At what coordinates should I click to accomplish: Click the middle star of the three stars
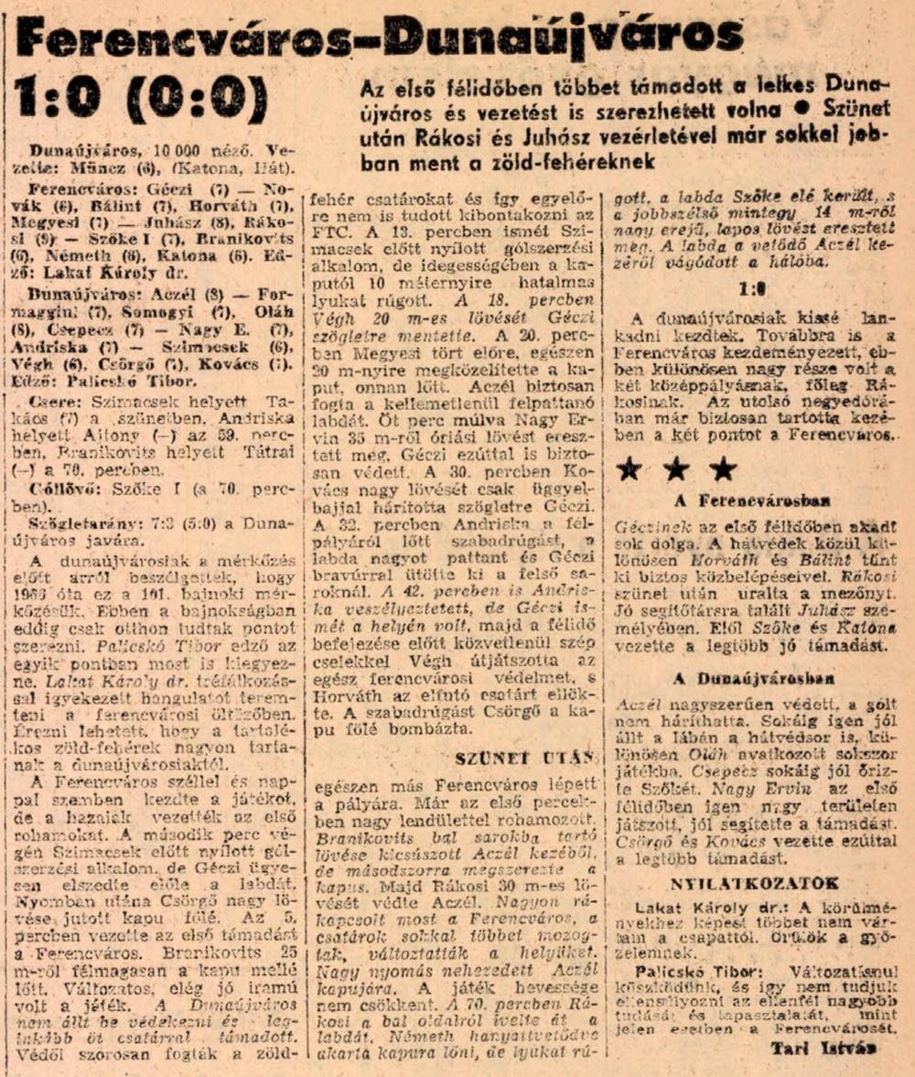point(676,468)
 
